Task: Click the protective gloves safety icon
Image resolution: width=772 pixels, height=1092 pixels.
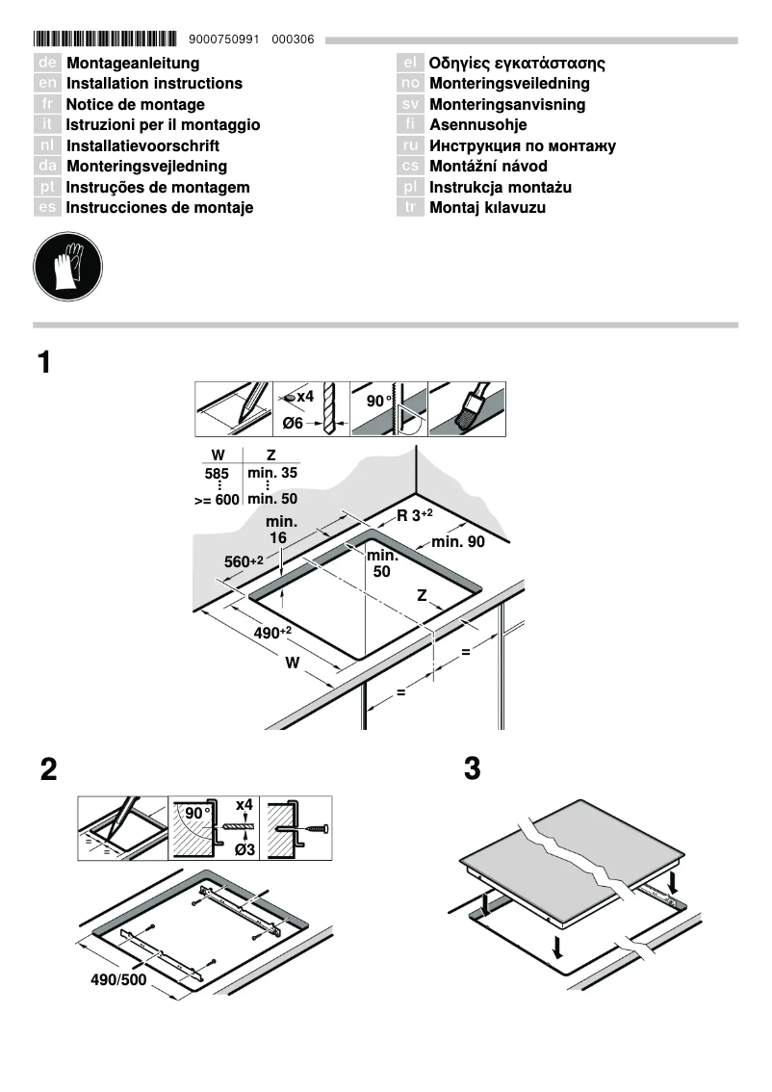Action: point(67,264)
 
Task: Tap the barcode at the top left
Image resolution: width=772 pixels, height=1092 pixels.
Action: point(105,39)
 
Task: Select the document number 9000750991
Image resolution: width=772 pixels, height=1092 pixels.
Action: point(225,39)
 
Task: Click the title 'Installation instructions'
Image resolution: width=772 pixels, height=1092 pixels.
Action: point(154,84)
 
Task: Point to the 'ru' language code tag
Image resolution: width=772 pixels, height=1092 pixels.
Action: point(410,146)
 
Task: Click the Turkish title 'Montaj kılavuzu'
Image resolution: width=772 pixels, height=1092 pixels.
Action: point(487,208)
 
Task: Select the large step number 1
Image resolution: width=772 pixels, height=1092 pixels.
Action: point(44,363)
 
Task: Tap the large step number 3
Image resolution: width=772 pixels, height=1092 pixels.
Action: point(472,769)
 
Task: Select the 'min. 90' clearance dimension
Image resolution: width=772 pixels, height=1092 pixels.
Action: point(458,542)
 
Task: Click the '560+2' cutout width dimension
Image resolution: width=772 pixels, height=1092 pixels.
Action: point(244,561)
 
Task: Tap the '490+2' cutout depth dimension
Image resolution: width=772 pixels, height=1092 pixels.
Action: point(272,632)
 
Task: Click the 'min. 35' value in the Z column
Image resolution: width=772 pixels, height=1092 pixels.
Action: point(272,474)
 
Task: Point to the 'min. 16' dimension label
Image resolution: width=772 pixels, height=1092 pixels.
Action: point(280,530)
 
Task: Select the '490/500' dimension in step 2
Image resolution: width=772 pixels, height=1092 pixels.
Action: point(119,980)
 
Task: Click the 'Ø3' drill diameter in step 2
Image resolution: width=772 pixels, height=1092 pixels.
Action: point(244,848)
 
